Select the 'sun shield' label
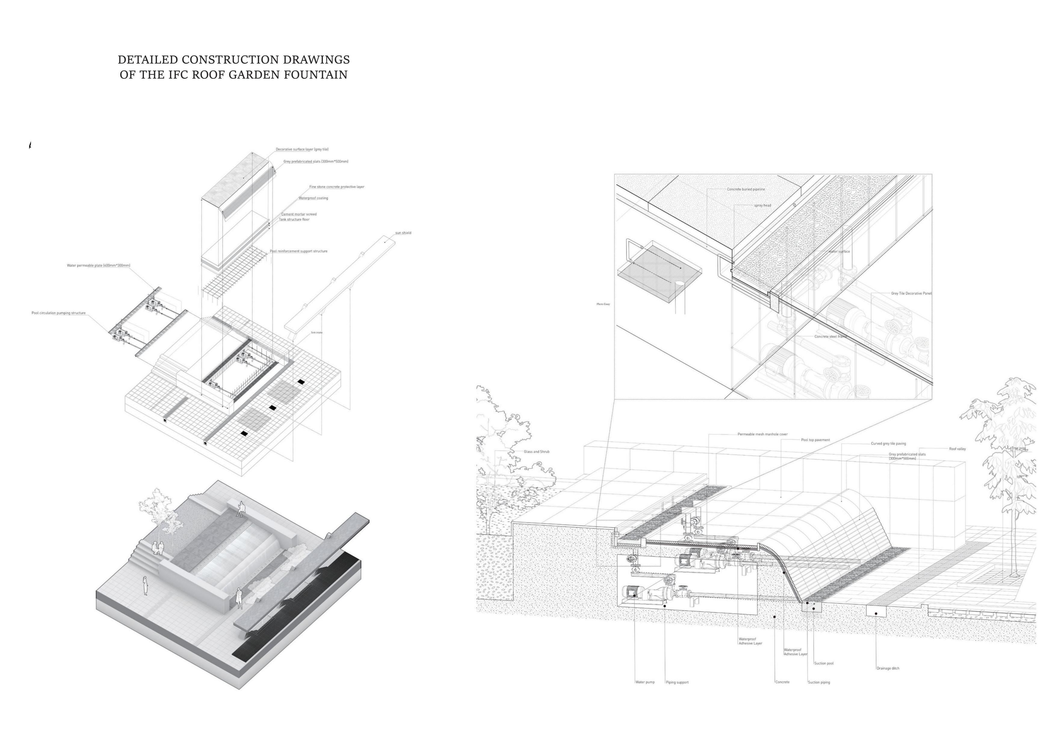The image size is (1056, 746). [403, 233]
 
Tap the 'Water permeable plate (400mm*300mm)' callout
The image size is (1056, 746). [98, 266]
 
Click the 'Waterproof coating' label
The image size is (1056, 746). [313, 198]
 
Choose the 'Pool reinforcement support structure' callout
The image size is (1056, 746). [299, 251]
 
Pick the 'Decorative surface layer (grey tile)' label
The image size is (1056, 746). [302, 150]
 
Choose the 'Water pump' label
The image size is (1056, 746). [645, 682]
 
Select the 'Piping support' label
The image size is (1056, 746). [677, 682]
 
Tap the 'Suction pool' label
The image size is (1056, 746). [824, 663]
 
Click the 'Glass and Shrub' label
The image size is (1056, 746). [536, 452]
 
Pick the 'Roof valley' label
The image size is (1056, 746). [957, 449]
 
